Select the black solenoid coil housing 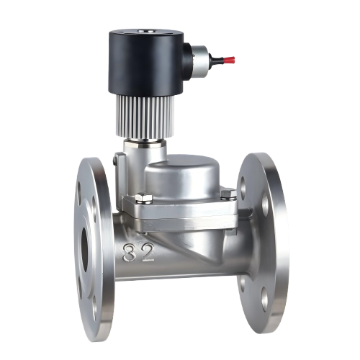pos(147,63)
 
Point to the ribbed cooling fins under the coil pos(145,117)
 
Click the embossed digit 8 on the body pos(130,253)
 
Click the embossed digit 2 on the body pos(146,252)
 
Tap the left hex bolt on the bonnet pos(144,199)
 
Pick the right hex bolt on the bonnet pos(228,194)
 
